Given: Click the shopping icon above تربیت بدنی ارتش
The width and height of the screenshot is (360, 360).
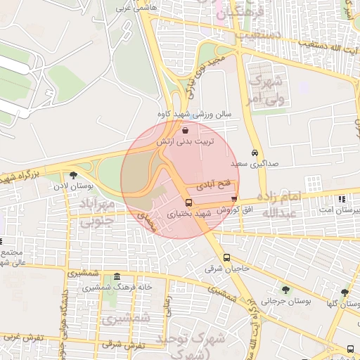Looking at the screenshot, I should [x=185, y=131].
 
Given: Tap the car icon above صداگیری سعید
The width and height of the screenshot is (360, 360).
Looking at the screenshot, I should [x=255, y=153].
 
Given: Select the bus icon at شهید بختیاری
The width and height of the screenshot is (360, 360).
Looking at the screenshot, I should [x=188, y=202].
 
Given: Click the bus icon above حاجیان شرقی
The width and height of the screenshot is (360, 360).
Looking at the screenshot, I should [x=226, y=257].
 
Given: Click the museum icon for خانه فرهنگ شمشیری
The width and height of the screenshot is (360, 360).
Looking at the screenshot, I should [x=115, y=277].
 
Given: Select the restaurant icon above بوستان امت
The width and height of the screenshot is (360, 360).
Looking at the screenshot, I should [x=341, y=200].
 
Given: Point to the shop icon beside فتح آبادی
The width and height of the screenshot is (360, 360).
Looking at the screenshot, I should [x=234, y=199].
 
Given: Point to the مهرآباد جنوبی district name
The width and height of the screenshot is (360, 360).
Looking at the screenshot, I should [x=103, y=214].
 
